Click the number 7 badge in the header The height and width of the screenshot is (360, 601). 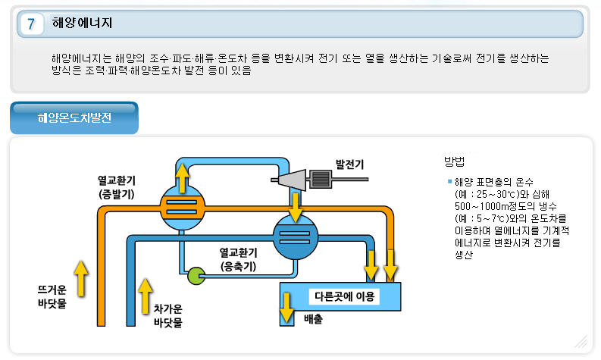[x=31, y=24]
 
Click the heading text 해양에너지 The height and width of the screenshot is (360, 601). [x=83, y=23]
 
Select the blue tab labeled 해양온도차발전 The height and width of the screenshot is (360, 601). [x=74, y=118]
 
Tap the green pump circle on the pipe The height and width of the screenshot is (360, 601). [x=196, y=275]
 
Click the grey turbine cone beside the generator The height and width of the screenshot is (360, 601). [x=290, y=180]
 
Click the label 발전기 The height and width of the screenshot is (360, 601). [x=349, y=164]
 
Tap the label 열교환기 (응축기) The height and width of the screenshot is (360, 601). [x=238, y=259]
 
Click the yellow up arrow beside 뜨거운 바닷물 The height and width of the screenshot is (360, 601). [x=81, y=276]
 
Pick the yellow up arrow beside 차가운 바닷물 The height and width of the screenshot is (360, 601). [x=145, y=296]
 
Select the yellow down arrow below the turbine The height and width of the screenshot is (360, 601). [x=294, y=205]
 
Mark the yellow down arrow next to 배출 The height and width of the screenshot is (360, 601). [x=287, y=305]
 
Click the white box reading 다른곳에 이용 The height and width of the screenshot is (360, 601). [x=346, y=294]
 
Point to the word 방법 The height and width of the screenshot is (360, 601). [x=455, y=161]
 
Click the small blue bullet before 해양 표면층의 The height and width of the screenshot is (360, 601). [x=449, y=182]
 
